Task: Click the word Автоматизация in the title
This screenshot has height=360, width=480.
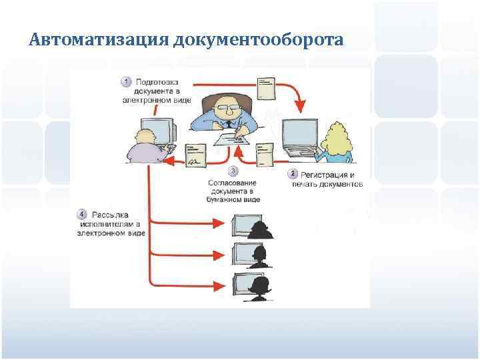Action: [x=98, y=41]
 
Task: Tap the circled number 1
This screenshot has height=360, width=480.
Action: [x=125, y=81]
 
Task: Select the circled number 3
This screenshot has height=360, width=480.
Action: [x=233, y=171]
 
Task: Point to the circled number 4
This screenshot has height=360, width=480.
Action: [x=81, y=215]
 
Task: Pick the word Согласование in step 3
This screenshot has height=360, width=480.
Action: [x=233, y=182]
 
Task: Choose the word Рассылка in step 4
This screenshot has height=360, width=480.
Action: [x=109, y=215]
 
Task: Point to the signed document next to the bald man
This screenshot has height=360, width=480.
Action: [x=195, y=154]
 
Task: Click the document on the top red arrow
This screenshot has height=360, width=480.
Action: [x=266, y=86]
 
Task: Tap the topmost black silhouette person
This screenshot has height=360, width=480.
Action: [x=260, y=227]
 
